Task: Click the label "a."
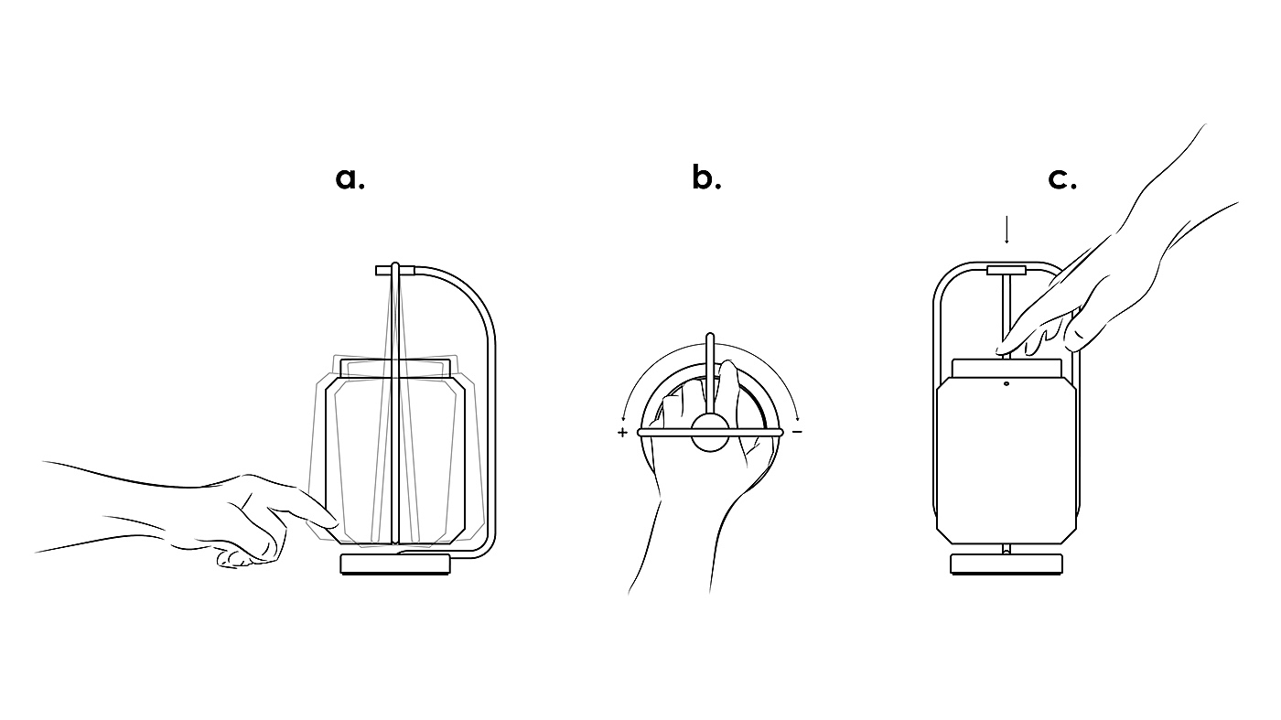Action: [x=350, y=178]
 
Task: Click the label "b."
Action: [x=705, y=178]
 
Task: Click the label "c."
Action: [x=1061, y=178]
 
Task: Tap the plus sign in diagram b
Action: [x=623, y=432]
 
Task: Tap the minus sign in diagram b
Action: [x=797, y=431]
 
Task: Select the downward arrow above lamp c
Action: [x=1006, y=230]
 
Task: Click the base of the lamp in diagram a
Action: [x=396, y=564]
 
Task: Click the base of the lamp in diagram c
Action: [x=1006, y=564]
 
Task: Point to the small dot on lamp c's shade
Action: [x=1006, y=384]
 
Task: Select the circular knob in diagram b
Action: [x=710, y=432]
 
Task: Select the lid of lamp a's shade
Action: [x=396, y=368]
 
